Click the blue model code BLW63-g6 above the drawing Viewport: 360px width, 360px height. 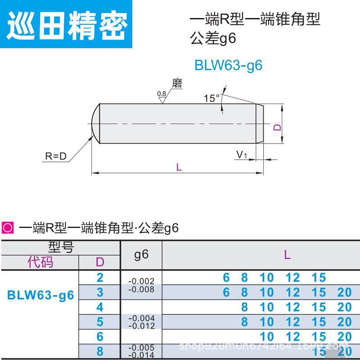tap(228, 65)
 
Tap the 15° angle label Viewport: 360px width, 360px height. tap(211, 99)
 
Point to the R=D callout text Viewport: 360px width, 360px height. tap(56, 157)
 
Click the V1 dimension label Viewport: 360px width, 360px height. tap(242, 155)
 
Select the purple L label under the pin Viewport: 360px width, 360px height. tap(179, 167)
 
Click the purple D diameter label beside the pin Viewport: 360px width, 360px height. tap(278, 127)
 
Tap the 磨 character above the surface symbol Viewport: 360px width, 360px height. tap(177, 83)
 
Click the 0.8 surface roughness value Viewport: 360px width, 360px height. tap(162, 94)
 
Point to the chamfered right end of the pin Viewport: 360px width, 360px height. tap(259, 124)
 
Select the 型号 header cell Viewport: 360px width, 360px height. tap(61, 247)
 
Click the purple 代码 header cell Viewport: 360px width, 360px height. tap(40, 262)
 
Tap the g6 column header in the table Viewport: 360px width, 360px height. tap(141, 255)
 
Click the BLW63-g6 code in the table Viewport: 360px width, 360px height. tap(40, 296)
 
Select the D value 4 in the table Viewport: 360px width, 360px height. tap(100, 307)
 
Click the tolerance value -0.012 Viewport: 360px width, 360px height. tap(141, 325)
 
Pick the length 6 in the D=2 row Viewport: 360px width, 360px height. tap(226, 278)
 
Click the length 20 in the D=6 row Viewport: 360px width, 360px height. tap(344, 337)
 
